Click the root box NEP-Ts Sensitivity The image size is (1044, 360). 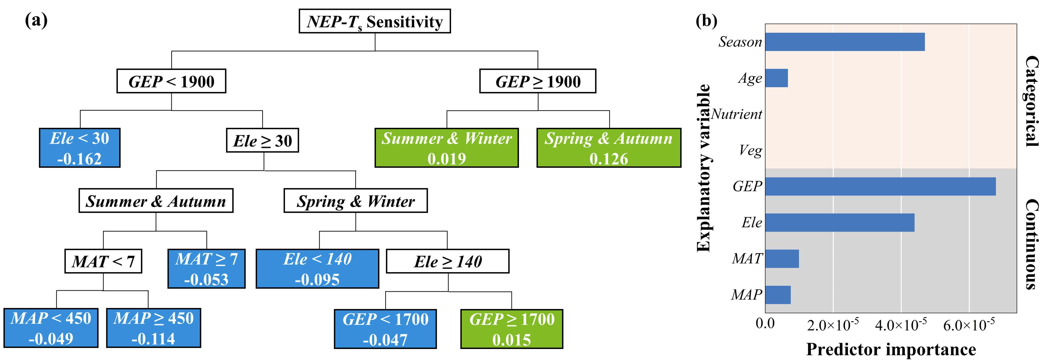tap(374, 21)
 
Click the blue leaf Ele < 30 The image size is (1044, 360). tap(79, 148)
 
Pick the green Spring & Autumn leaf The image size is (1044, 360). tap(609, 148)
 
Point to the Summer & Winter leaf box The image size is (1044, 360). tap(446, 148)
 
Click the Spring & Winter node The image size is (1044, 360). tap(355, 201)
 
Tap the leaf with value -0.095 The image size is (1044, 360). tap(317, 269)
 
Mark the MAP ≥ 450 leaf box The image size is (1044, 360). tap(153, 328)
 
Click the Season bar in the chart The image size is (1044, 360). tap(845, 42)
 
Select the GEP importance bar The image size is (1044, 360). tap(880, 186)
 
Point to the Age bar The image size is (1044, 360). tap(776, 78)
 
